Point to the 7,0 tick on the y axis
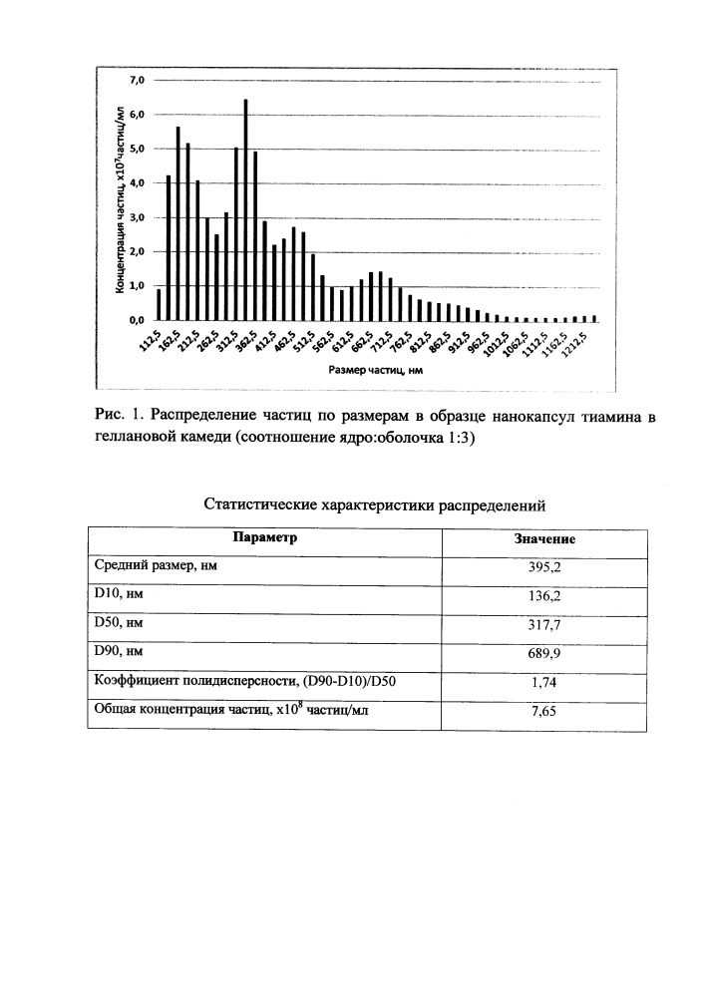(x=136, y=80)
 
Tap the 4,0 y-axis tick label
(x=136, y=183)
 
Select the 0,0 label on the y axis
(x=136, y=320)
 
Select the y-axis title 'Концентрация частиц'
(x=120, y=199)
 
